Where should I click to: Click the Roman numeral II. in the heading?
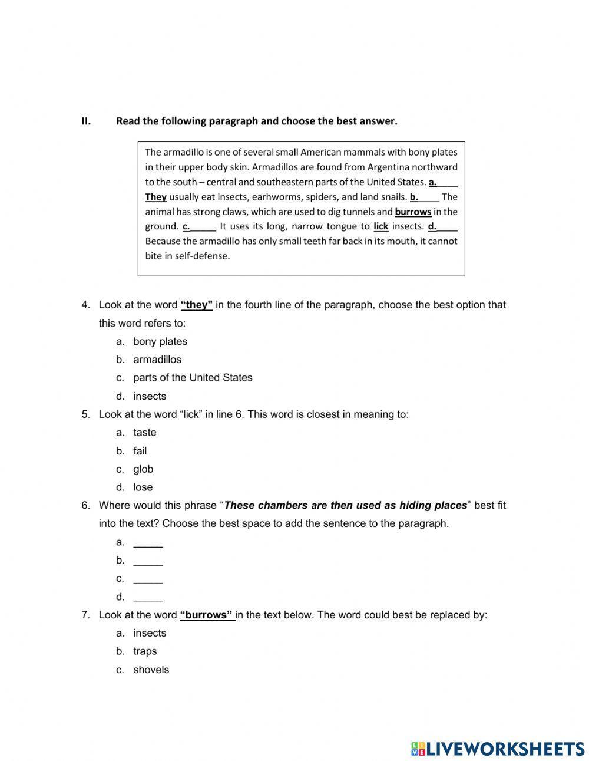tap(86, 121)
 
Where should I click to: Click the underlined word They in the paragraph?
tap(155, 197)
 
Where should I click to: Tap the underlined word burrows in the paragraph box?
tap(413, 212)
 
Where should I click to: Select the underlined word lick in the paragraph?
tap(380, 226)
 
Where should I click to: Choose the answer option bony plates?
tap(160, 341)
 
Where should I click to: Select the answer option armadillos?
tap(157, 360)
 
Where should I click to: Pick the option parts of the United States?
tap(193, 378)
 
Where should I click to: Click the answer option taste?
tap(144, 433)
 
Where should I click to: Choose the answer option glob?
tap(143, 469)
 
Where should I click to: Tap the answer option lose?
tap(143, 487)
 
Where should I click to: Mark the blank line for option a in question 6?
tap(148, 543)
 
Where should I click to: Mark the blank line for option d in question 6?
tap(148, 597)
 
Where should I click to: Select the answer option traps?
tap(145, 651)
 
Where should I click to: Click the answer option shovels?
tap(151, 670)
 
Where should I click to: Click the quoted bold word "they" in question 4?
tap(196, 305)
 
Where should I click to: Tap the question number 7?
tap(85, 615)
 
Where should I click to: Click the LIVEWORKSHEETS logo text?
tap(504, 749)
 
